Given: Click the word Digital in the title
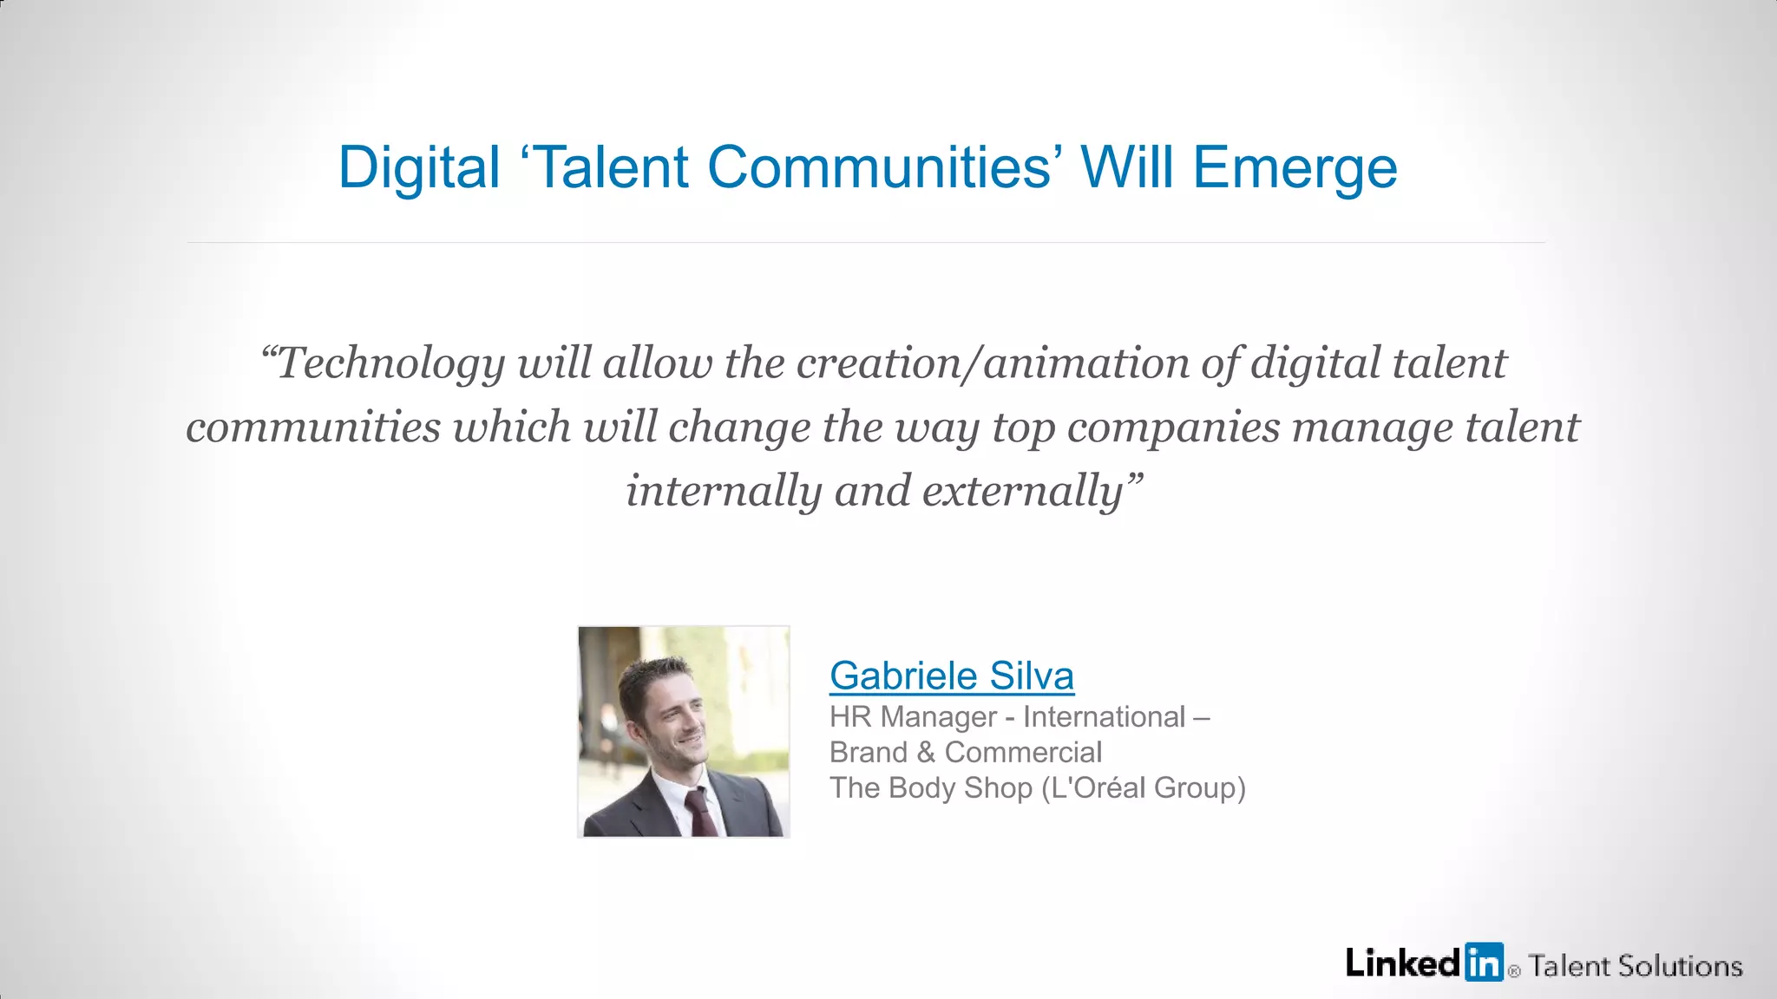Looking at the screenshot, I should [x=419, y=167].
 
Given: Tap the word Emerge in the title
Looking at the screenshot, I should [x=1295, y=167].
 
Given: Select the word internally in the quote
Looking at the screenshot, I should [x=724, y=492].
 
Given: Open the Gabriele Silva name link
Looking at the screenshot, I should [x=951, y=676].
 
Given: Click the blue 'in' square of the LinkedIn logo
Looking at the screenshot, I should [x=1484, y=962].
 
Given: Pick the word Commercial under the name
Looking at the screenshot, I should [x=1023, y=753].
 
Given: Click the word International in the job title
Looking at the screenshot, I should [x=1104, y=717].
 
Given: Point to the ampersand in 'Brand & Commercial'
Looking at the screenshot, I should [x=926, y=753].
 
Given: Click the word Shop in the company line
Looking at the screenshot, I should [x=998, y=788].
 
